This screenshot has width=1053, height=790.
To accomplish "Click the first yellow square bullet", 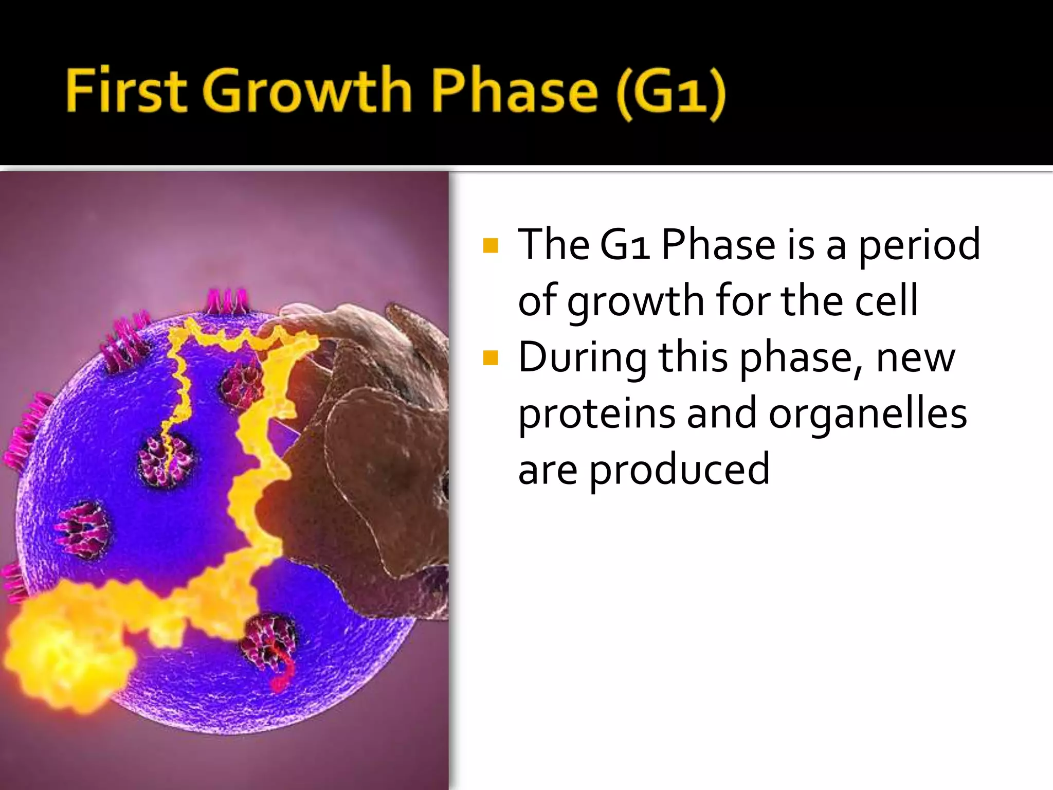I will pyautogui.click(x=491, y=245).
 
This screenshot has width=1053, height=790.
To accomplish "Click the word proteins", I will pyautogui.click(x=596, y=415).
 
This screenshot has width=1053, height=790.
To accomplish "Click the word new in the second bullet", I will pyautogui.click(x=915, y=358).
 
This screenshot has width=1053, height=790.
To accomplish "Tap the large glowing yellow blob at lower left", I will pyautogui.click(x=62, y=653).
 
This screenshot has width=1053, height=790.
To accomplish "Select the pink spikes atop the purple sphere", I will pyautogui.click(x=227, y=302).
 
